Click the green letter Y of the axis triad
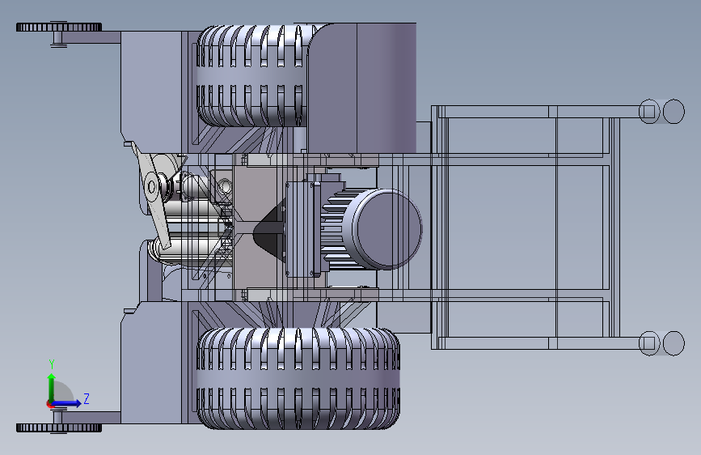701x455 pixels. (52, 364)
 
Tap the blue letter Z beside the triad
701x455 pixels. (87, 398)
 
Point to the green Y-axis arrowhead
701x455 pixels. (52, 377)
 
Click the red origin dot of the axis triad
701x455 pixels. (49, 404)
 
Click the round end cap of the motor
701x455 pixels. (388, 229)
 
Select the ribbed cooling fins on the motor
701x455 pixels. (337, 229)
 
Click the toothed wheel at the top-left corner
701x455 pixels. (59, 27)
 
